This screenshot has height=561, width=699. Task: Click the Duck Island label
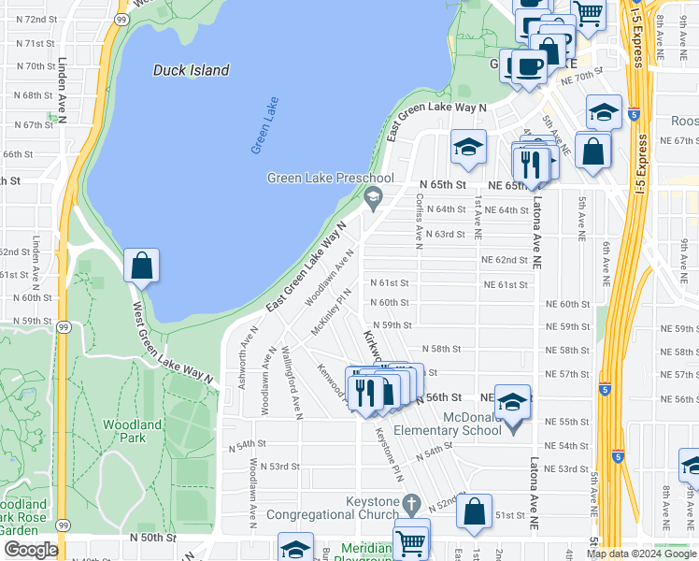[x=191, y=70]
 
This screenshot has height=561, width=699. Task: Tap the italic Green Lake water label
[x=265, y=125]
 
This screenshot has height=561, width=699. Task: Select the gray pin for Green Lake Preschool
[x=374, y=195]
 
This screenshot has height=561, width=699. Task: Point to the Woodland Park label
[x=132, y=431]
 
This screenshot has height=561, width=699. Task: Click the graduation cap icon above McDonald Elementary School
[x=512, y=402]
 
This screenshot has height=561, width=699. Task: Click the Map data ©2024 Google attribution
[x=641, y=554]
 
